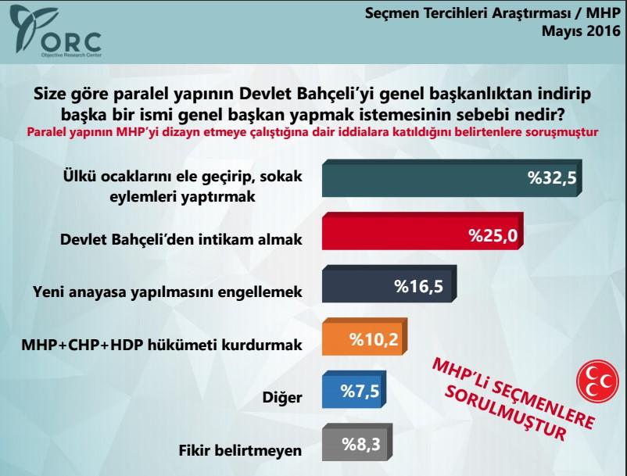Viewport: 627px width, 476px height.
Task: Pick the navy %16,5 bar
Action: pyautogui.click(x=389, y=285)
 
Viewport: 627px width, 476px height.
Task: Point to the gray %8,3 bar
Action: pyautogui.click(x=356, y=445)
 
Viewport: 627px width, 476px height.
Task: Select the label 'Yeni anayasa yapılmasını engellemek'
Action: pyautogui.click(x=167, y=291)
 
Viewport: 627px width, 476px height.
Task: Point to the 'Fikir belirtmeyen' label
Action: pyautogui.click(x=241, y=449)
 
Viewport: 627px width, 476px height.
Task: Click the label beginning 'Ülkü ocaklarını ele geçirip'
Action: pyautogui.click(x=181, y=184)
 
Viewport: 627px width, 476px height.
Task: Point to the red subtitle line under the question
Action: pyautogui.click(x=313, y=132)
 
